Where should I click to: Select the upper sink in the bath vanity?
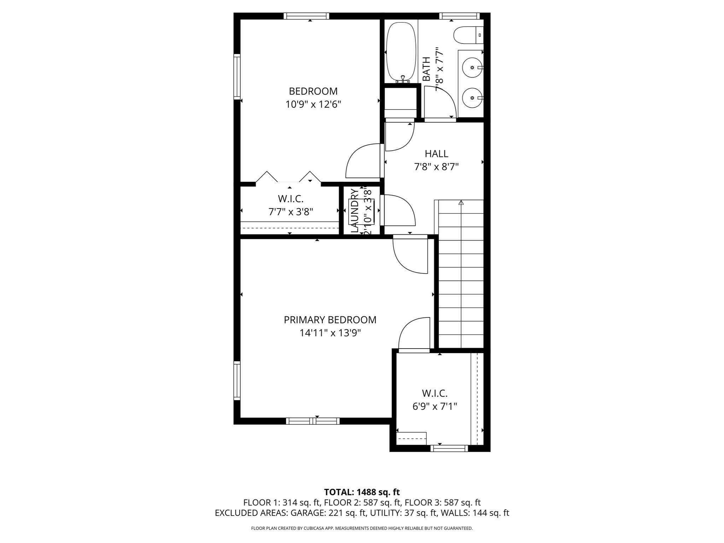click(472, 67)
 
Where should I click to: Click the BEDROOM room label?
click(313, 91)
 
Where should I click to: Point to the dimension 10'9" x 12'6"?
click(313, 105)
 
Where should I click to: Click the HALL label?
click(436, 154)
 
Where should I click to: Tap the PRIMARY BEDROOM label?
click(330, 320)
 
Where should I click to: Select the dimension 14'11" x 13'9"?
click(330, 333)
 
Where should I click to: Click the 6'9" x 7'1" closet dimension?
click(434, 407)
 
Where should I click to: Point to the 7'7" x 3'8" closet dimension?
click(291, 212)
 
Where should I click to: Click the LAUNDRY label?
click(354, 211)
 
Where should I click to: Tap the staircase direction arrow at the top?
click(461, 203)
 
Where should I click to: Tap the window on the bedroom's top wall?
click(306, 16)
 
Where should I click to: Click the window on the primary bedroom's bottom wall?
click(313, 421)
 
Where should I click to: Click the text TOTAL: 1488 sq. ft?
click(362, 492)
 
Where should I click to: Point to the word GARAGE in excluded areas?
click(305, 513)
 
